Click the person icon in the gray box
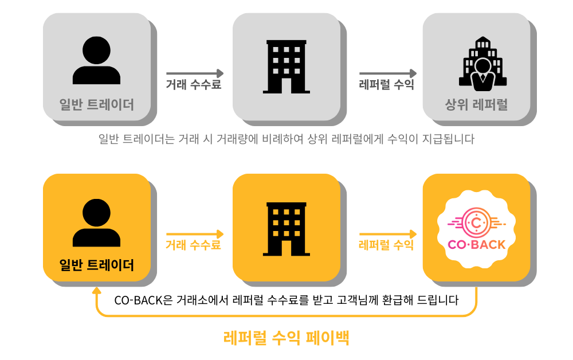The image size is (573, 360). pos(96,61)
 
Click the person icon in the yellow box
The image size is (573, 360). pos(96,222)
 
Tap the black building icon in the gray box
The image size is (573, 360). pos(286,66)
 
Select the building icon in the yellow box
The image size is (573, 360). pos(286,228)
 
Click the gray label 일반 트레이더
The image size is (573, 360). pos(96,105)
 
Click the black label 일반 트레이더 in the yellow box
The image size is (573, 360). pos(96,265)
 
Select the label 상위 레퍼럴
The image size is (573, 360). pos(476,105)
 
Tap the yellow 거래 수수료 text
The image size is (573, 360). pos(193,245)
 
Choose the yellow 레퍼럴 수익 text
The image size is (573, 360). pos(386,245)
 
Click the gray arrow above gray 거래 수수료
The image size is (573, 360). pos(195,73)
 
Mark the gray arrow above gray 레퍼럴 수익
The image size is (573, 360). pos(388,73)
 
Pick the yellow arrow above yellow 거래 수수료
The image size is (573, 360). pos(195,234)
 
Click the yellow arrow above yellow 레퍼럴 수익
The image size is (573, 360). pos(388,234)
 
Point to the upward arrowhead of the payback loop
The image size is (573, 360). pos(96,291)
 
